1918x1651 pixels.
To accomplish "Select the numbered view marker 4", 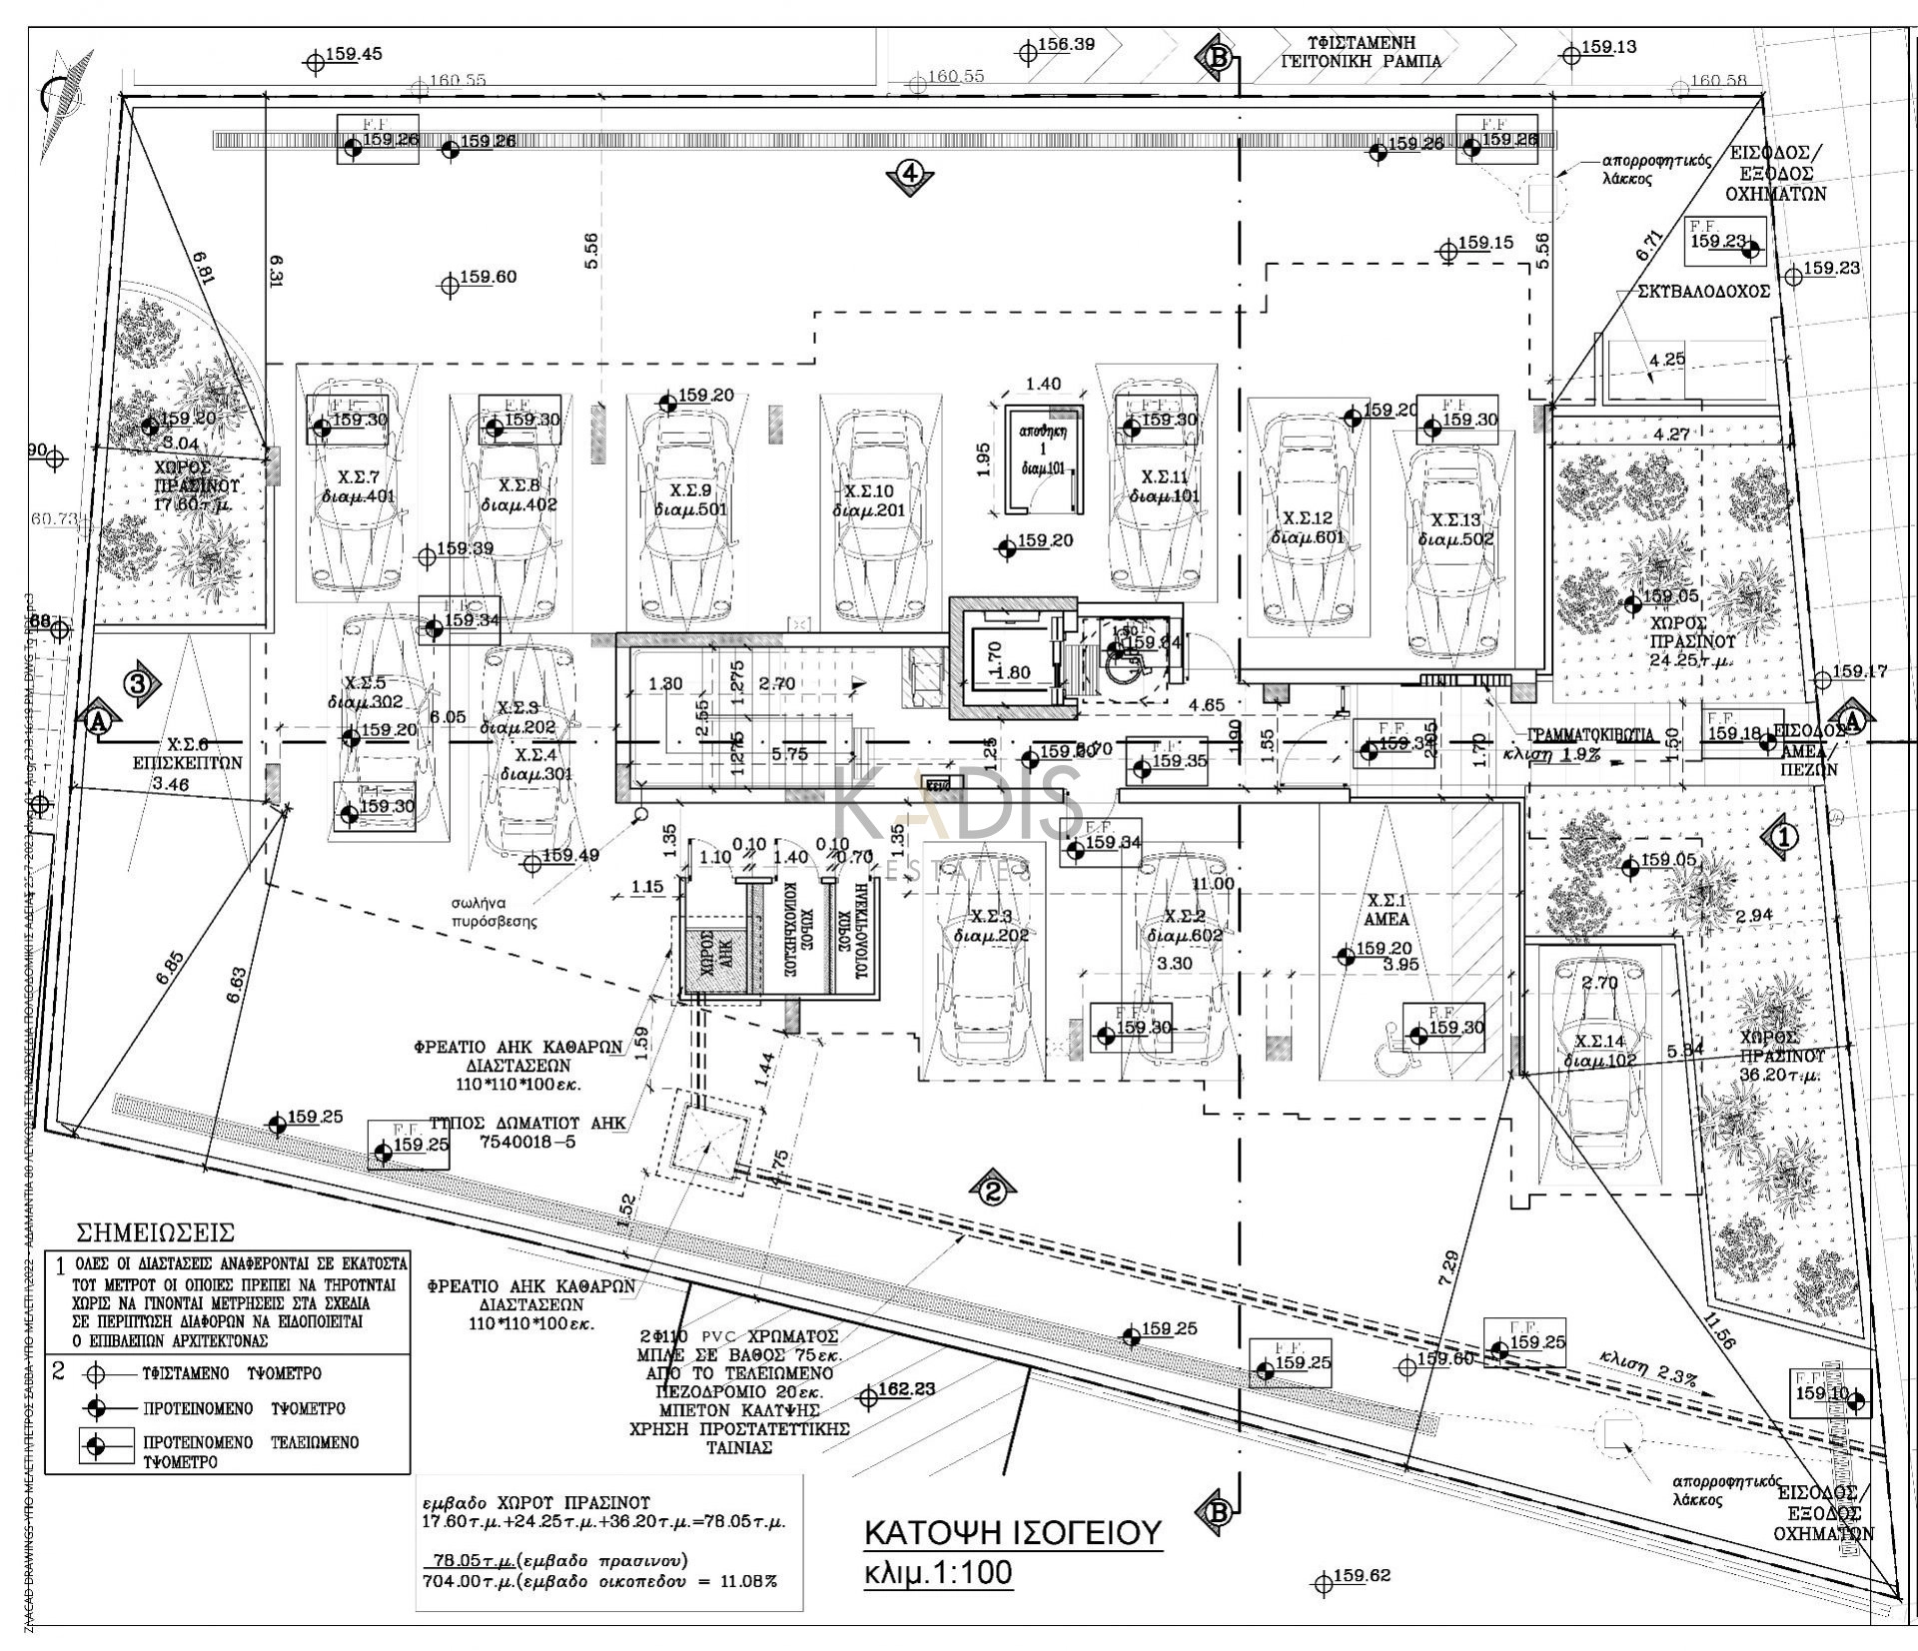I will [909, 174].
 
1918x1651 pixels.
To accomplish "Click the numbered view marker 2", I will [992, 1191].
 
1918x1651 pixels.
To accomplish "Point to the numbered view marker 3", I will [140, 683].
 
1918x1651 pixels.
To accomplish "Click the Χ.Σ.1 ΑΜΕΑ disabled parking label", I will [1387, 909].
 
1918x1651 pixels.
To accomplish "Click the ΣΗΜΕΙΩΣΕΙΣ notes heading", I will [155, 1232].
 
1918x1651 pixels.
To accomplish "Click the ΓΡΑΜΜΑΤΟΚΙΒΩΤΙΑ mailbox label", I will [1588, 734].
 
